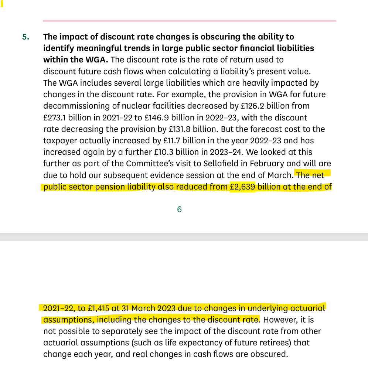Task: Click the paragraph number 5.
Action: (26, 37)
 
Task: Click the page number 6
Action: (179, 209)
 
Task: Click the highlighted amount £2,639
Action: (242, 187)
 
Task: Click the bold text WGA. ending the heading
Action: (98, 60)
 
